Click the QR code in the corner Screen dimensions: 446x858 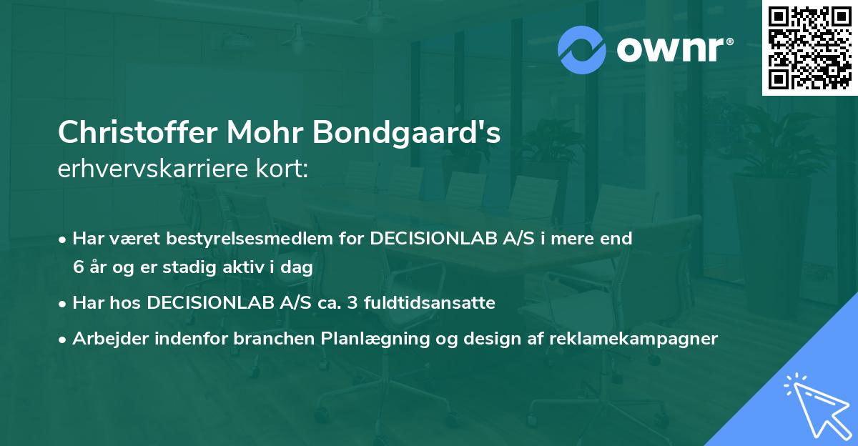(x=809, y=47)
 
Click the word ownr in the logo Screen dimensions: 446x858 (x=673, y=49)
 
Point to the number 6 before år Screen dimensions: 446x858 (x=78, y=267)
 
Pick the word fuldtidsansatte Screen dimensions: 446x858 (x=425, y=303)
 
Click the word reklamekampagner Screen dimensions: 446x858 (x=633, y=339)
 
